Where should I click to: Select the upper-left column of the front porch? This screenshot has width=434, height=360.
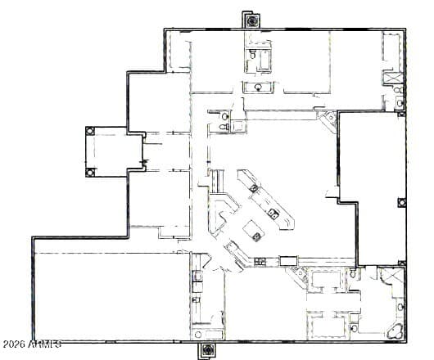pos(91,132)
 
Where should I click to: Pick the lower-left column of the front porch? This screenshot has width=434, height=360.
pos(91,171)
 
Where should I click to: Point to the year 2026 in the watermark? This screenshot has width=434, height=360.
pos(14,344)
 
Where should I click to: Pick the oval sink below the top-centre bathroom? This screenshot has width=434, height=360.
pos(258,86)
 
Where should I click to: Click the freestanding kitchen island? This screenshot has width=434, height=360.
pos(255,232)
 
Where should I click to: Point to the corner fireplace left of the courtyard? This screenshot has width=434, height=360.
pos(328,121)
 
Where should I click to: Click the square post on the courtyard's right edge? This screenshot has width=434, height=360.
pos(401,202)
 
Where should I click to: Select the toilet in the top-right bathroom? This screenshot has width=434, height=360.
pos(399,102)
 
